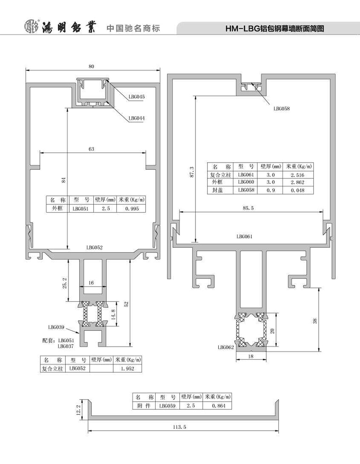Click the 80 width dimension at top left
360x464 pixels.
tap(91, 67)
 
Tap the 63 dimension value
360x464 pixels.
tap(91, 149)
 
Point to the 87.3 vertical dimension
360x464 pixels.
tap(192, 172)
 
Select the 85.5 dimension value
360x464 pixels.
tap(248, 208)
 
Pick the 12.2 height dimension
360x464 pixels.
tap(78, 410)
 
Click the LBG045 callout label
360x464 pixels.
tap(136, 97)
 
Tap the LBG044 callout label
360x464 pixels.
tap(136, 118)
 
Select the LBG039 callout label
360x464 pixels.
tap(56, 327)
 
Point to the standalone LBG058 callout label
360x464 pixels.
tap(281, 109)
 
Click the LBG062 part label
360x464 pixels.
tap(226, 347)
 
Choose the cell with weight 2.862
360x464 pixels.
tap(298, 182)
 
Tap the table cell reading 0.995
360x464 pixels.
tap(131, 208)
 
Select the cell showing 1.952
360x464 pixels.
tap(127, 369)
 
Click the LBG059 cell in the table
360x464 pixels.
tap(167, 406)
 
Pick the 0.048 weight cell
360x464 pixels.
tap(298, 190)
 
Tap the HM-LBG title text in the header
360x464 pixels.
tap(275, 29)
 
